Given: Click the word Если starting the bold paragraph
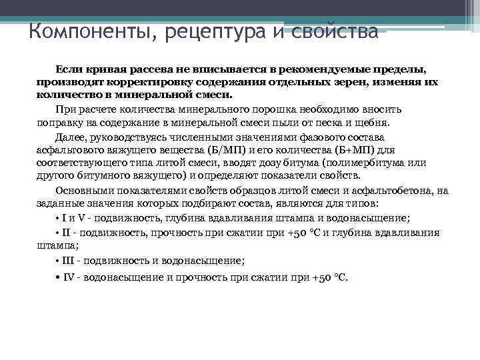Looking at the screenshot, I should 69,69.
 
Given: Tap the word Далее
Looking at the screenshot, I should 70,137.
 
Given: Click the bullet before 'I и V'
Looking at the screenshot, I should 58,219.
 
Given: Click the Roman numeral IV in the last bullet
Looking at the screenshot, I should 69,277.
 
